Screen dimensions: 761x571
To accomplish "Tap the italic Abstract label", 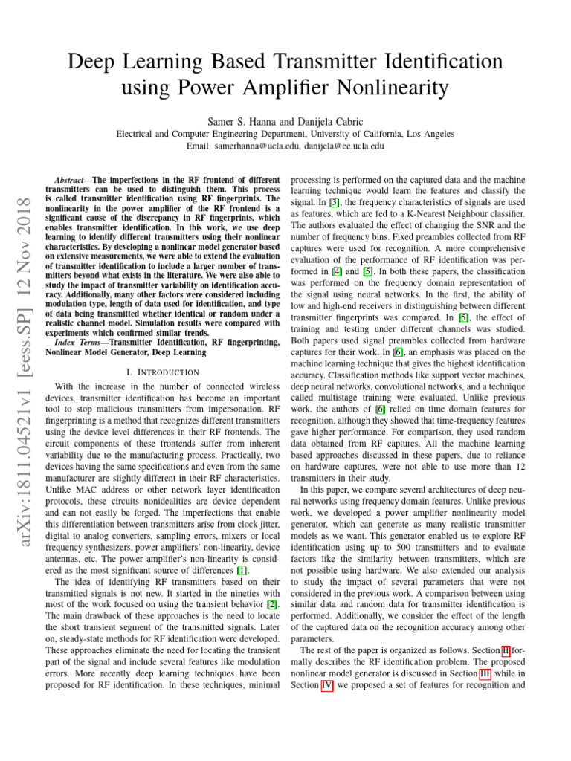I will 72,181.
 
